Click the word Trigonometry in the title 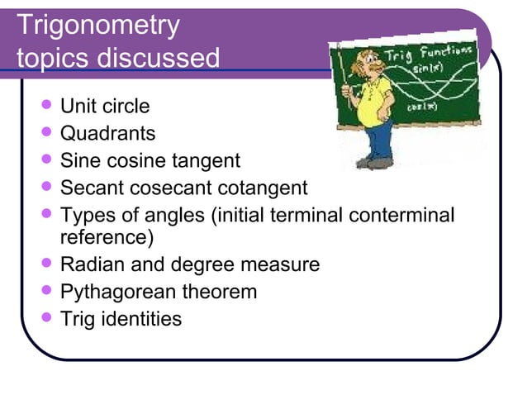97,26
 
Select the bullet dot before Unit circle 46,106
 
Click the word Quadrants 107,133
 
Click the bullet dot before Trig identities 46,318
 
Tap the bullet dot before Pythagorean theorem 46,291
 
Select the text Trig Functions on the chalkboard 441,55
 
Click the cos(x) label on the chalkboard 417,107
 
